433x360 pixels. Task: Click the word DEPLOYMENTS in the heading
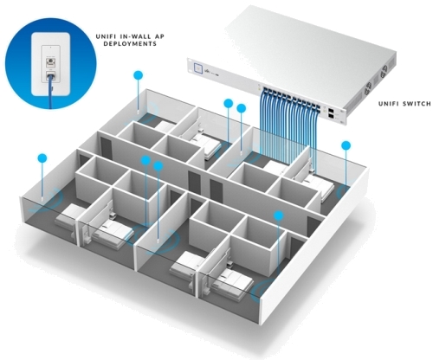click(x=130, y=44)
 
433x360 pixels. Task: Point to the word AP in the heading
click(x=159, y=36)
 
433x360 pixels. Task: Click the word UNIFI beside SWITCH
click(x=389, y=104)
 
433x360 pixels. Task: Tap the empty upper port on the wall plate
click(x=51, y=61)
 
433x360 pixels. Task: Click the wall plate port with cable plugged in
click(x=51, y=77)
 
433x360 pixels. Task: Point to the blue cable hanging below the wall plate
click(x=52, y=93)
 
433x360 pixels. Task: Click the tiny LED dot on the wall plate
click(x=51, y=46)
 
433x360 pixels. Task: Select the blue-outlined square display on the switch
click(x=198, y=67)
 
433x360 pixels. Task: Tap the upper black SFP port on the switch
click(x=331, y=110)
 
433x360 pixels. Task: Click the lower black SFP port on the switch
click(x=331, y=116)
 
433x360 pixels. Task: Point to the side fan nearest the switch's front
click(x=368, y=88)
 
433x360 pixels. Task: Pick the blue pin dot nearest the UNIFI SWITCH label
click(x=346, y=145)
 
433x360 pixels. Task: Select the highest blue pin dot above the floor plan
click(x=139, y=75)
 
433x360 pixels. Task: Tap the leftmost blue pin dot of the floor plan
click(x=42, y=157)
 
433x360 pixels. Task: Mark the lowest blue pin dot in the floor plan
click(x=279, y=215)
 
